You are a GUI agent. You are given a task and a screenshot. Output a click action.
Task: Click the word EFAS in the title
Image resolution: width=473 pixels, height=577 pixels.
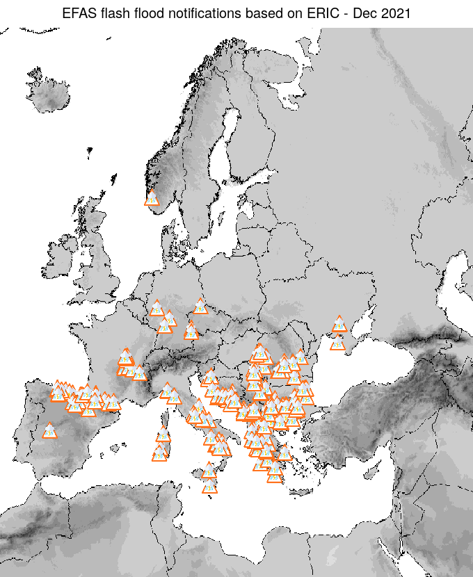(x=77, y=13)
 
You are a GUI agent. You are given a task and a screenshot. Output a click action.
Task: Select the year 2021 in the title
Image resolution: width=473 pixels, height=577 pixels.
(x=396, y=13)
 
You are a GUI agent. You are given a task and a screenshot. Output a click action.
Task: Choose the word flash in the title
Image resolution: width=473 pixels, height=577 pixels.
(x=111, y=13)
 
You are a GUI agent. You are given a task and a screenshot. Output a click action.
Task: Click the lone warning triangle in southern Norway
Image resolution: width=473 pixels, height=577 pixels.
(x=152, y=199)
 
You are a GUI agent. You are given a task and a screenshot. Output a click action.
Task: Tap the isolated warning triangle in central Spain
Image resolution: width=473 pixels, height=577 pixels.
(x=49, y=431)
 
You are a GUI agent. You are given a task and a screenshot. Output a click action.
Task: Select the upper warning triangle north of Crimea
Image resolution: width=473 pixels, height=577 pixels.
(x=339, y=324)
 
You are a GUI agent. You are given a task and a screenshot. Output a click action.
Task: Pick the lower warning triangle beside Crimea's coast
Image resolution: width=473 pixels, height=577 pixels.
(x=337, y=343)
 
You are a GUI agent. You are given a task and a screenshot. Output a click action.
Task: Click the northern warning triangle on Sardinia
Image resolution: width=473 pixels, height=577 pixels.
(x=163, y=435)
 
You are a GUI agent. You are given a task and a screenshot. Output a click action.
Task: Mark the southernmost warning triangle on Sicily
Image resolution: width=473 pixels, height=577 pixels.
(x=209, y=486)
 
